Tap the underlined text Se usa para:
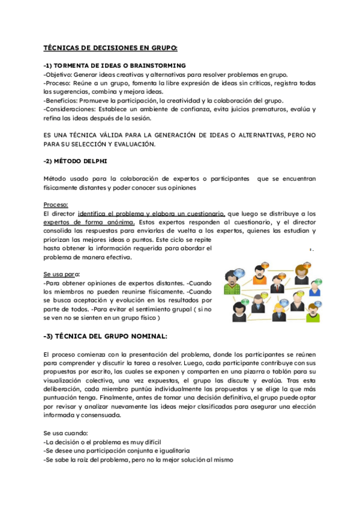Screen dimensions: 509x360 (x=61, y=274)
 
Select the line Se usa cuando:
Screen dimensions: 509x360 (x=65, y=433)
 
